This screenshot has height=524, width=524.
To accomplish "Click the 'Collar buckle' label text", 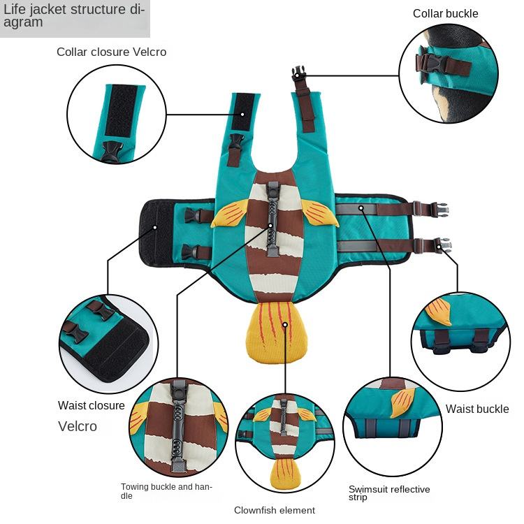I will point(445,13).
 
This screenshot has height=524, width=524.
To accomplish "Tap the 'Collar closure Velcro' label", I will point(112,52).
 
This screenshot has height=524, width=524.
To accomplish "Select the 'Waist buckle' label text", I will point(477,409).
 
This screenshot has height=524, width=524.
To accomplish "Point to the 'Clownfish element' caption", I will point(275,510).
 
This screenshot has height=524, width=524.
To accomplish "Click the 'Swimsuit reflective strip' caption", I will point(389,493).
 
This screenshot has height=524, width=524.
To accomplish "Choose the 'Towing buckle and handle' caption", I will point(166,491).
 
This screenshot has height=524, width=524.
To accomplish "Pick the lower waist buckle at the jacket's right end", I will point(442,244).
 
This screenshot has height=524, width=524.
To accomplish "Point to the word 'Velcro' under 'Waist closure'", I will point(78,426).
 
